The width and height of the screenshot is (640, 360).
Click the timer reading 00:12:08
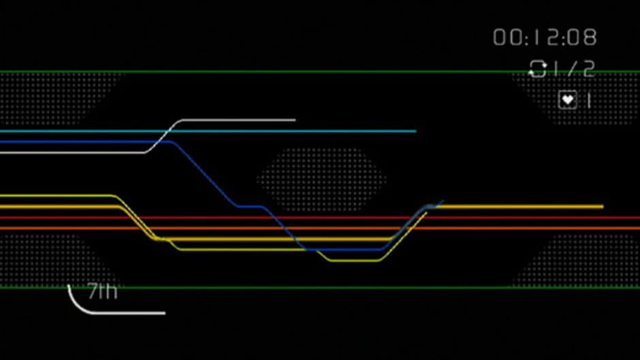pyautogui.click(x=545, y=37)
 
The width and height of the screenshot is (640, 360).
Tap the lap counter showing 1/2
pyautogui.click(x=572, y=69)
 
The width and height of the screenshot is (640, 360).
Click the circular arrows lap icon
pyautogui.click(x=538, y=69)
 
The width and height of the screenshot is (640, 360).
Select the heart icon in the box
pyautogui.click(x=567, y=100)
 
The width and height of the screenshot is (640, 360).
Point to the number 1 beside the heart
pyautogui.click(x=588, y=100)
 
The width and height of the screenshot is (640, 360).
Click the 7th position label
pyautogui.click(x=102, y=293)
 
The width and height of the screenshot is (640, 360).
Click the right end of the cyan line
pyautogui.click(x=414, y=131)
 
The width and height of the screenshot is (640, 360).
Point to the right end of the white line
pyautogui.click(x=294, y=120)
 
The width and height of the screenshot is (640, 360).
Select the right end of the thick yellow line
pyautogui.click(x=602, y=206)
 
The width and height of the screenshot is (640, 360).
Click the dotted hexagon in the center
pyautogui.click(x=321, y=178)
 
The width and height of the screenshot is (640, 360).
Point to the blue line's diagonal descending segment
pyautogui.click(x=204, y=174)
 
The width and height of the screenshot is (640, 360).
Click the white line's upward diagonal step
pyautogui.click(x=163, y=135)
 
